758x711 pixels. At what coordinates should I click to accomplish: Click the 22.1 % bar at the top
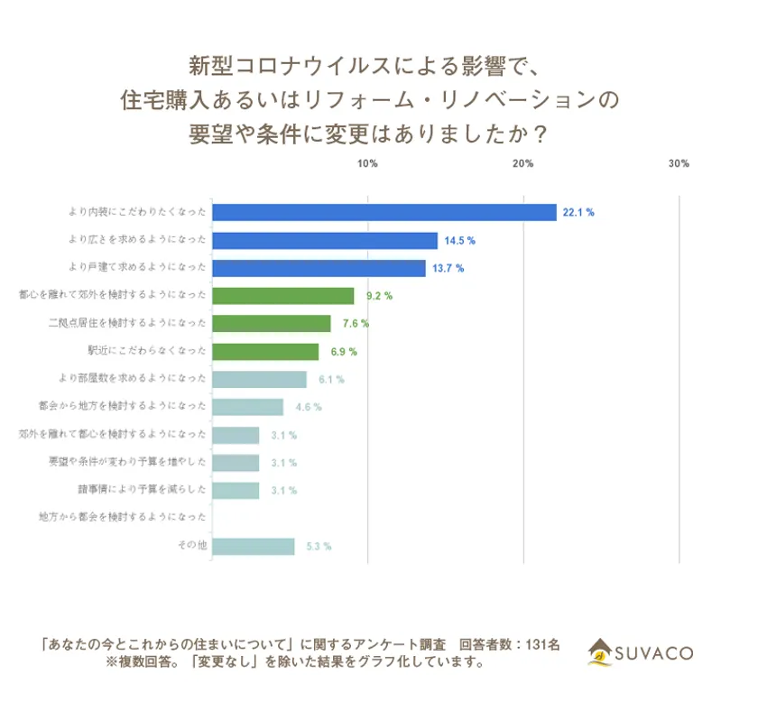click(384, 212)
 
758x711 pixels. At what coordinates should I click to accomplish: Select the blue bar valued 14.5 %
click(324, 240)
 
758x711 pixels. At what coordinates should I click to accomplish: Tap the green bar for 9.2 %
click(282, 295)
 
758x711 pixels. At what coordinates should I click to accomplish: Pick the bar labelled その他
click(253, 547)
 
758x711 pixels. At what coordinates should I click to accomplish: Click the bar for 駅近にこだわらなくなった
click(264, 351)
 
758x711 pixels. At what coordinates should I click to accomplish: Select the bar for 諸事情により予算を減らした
click(235, 490)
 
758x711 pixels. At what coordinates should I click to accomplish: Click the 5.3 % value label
click(318, 547)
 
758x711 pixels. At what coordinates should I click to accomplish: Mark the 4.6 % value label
click(308, 407)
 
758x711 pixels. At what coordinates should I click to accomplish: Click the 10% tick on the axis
click(367, 163)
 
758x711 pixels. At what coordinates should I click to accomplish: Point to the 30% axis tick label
click(679, 163)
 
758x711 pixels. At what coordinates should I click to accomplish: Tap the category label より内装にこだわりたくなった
click(137, 212)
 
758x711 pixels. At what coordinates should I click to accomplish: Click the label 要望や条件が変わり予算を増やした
click(127, 462)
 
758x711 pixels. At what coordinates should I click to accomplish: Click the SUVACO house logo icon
click(600, 651)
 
